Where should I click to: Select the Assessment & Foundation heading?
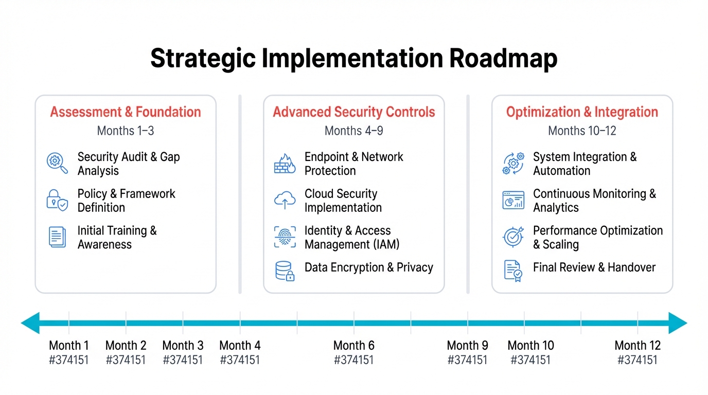pyautogui.click(x=126, y=112)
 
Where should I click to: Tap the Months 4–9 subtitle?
pyautogui.click(x=353, y=131)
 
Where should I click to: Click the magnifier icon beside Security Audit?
pyautogui.click(x=57, y=163)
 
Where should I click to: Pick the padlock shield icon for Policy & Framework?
pyautogui.click(x=57, y=200)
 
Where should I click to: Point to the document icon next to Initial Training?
pyautogui.click(x=57, y=237)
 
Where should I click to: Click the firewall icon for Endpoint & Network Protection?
pyautogui.click(x=285, y=163)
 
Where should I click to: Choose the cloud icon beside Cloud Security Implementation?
pyautogui.click(x=285, y=200)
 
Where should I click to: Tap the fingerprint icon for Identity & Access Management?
pyautogui.click(x=285, y=237)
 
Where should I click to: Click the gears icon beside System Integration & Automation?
pyautogui.click(x=513, y=163)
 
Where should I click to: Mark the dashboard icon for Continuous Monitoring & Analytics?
pyautogui.click(x=513, y=200)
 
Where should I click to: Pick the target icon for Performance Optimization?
pyautogui.click(x=513, y=237)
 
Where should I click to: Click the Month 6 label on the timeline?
pyautogui.click(x=353, y=345)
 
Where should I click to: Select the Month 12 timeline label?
pyautogui.click(x=638, y=345)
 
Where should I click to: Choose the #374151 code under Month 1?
pyautogui.click(x=68, y=360)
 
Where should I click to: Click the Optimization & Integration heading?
pyautogui.click(x=582, y=112)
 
